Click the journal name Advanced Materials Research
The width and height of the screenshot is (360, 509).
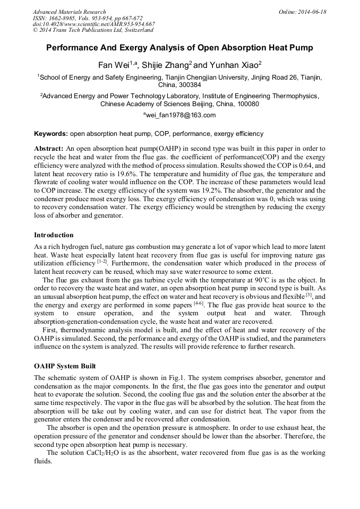pos(69,12)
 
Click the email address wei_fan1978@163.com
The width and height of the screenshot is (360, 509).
pos(181,115)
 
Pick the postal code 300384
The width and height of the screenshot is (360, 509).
pos(190,85)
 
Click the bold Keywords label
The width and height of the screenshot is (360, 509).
pos(51,134)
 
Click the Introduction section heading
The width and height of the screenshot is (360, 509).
pos(54,235)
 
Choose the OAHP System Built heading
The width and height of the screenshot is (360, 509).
pos(66,367)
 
